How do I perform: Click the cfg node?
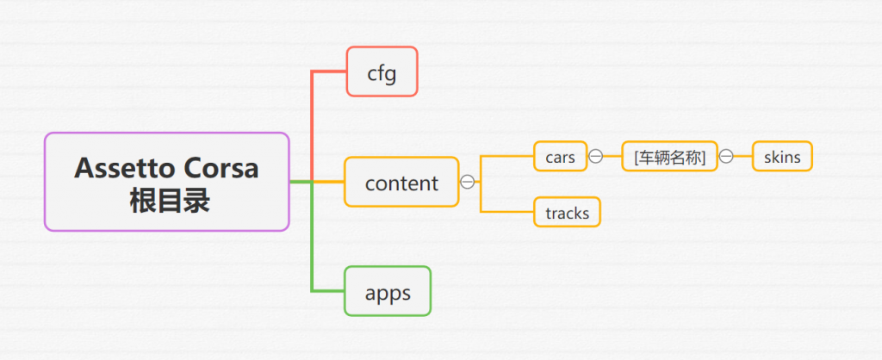click(x=382, y=71)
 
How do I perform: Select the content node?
click(x=401, y=182)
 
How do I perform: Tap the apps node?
click(x=388, y=291)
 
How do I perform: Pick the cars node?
click(x=560, y=156)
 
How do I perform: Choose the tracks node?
click(x=567, y=212)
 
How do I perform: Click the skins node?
click(x=782, y=156)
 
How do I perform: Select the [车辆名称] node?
click(x=669, y=156)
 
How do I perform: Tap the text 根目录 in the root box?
click(x=170, y=201)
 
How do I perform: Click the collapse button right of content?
click(x=467, y=182)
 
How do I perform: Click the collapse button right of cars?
click(x=595, y=156)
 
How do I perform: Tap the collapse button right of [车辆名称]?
click(x=726, y=156)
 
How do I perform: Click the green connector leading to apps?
click(x=312, y=236)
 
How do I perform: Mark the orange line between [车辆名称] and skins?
click(x=743, y=156)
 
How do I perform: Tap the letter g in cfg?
click(x=391, y=75)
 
